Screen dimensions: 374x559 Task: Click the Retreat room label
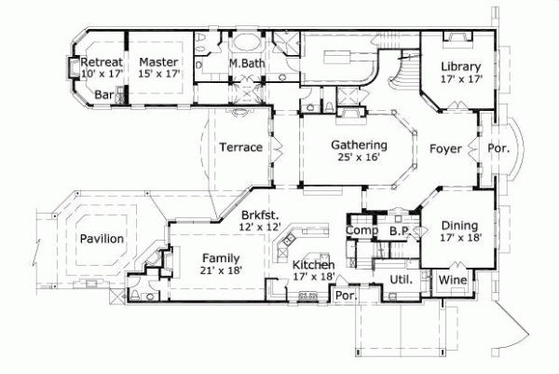coord(101,62)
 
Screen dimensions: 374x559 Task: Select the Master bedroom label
coord(158,62)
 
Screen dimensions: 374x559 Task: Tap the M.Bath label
coord(246,62)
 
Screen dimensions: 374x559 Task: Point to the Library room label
coord(461,66)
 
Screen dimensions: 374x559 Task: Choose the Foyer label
coord(446,148)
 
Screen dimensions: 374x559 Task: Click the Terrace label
coord(239,147)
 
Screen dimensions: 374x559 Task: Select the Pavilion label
coord(101,239)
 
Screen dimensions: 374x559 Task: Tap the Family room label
coord(221,258)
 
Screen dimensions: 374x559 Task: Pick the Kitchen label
coord(314,266)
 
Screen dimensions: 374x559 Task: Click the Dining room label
coord(460,225)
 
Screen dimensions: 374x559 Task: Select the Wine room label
coord(452,280)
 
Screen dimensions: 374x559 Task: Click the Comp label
coord(360,230)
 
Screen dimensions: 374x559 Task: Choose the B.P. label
coord(401,230)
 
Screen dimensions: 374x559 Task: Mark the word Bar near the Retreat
coord(104,95)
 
